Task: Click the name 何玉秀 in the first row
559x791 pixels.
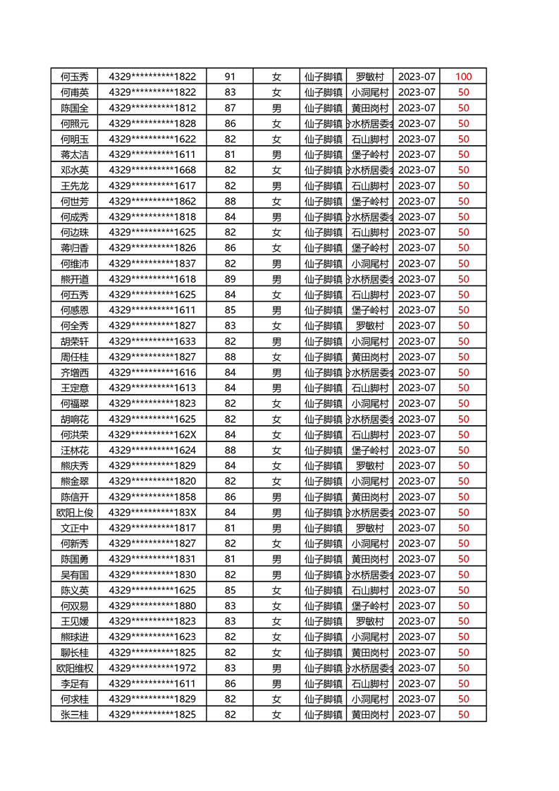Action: [x=75, y=77]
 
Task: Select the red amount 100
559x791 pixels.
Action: [x=463, y=77]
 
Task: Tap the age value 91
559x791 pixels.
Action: [x=230, y=77]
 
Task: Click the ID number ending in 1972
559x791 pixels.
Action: [x=152, y=668]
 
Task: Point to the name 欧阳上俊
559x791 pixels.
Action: [x=75, y=513]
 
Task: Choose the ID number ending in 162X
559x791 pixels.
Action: [x=152, y=434]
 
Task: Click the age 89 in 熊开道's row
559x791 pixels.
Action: [x=230, y=279]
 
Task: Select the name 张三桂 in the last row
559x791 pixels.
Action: [x=75, y=714]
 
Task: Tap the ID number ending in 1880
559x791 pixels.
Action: [x=152, y=606]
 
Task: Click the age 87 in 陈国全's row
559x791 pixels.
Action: [x=230, y=108]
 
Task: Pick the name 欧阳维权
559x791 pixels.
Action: [x=75, y=668]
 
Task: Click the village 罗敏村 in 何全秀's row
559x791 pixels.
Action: [x=369, y=326]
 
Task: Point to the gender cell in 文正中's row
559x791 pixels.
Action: [x=276, y=528]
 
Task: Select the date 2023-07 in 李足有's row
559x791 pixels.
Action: [x=417, y=683]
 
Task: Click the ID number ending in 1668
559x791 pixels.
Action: [x=152, y=170]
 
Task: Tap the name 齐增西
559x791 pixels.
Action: [x=75, y=372]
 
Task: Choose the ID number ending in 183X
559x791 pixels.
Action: [x=152, y=513]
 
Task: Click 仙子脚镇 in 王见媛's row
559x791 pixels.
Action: [x=323, y=621]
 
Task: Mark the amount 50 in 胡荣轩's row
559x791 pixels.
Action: [x=463, y=341]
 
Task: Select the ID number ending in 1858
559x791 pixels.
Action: [x=152, y=497]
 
